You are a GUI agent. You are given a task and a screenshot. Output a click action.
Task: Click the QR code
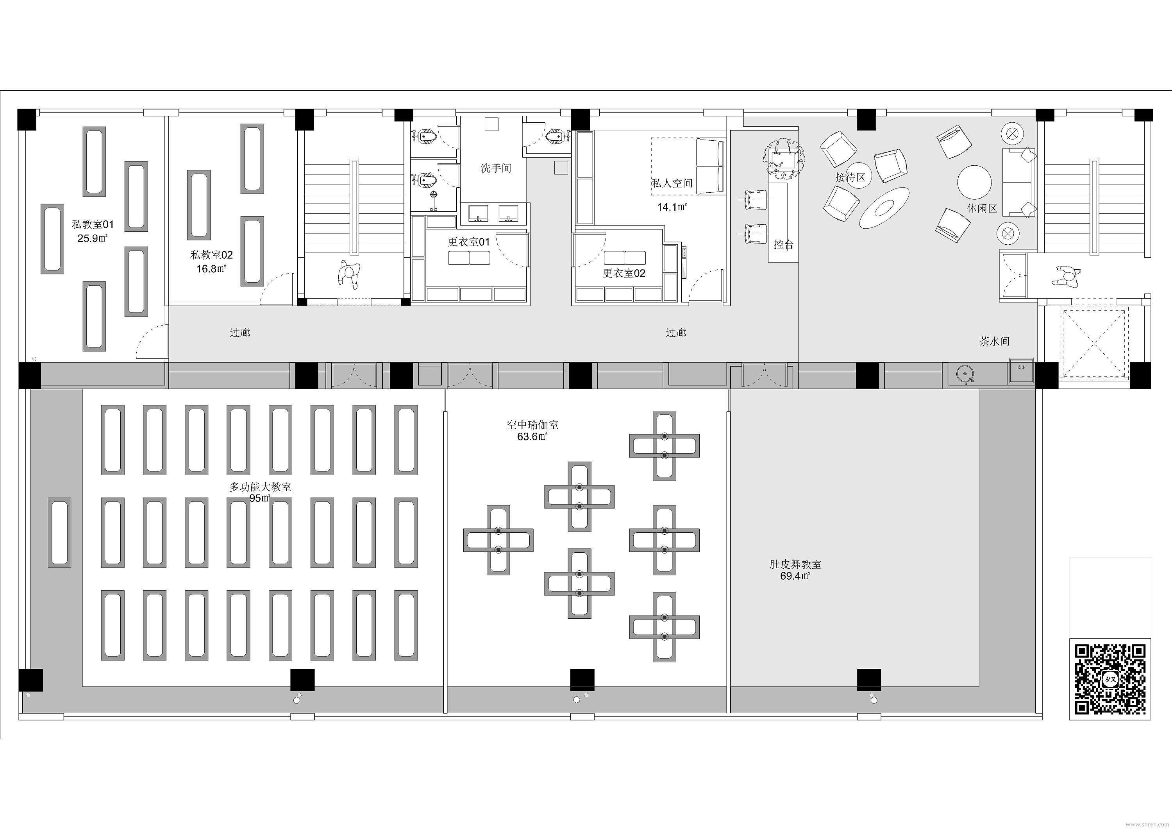[x=1110, y=679]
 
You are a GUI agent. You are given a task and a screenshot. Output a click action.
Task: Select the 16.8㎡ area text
[x=211, y=269]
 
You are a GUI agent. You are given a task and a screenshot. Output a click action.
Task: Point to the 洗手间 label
[x=496, y=168]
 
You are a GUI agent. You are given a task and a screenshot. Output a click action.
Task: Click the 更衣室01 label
[x=468, y=242]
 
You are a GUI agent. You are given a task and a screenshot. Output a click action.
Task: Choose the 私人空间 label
[x=672, y=183]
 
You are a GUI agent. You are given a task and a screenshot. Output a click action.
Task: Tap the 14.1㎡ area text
[x=672, y=207]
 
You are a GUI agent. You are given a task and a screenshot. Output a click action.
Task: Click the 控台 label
[x=784, y=244]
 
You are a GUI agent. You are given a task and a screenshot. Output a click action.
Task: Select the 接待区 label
[x=850, y=177]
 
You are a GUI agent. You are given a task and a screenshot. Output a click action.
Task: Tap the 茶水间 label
[x=994, y=341]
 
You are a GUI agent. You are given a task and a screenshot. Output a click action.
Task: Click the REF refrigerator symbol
[x=1021, y=371]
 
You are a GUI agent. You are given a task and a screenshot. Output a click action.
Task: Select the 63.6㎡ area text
[x=532, y=437]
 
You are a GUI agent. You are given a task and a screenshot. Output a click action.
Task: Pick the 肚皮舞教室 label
[x=795, y=564]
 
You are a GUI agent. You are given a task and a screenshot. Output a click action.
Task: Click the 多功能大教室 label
[x=260, y=487]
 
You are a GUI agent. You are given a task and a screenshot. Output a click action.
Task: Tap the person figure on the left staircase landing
[x=348, y=274]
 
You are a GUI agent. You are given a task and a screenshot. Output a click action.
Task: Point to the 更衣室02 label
[x=624, y=273]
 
